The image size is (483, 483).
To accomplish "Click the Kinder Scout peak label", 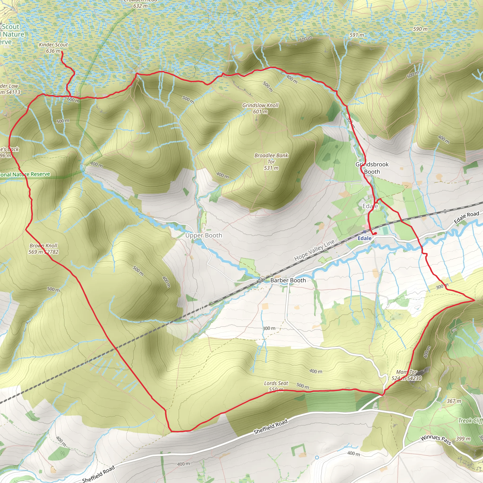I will pos(53,45).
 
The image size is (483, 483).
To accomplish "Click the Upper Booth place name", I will pos(204,236).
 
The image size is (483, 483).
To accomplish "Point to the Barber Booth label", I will pos(288,280).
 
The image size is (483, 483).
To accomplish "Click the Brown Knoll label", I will pos(43,246).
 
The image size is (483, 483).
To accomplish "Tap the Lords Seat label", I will pos(276,383).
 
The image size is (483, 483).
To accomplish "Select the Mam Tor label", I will pos(407,372).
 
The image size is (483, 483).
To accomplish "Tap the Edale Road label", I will pos(466,217).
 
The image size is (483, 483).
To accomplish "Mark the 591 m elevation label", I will pos(357,35).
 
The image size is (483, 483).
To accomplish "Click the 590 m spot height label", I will pos(420,29).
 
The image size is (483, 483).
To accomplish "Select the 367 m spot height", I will pos(454,401).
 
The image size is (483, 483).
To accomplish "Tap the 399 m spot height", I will pos(463,439).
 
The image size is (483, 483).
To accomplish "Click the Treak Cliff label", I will pos(470,421).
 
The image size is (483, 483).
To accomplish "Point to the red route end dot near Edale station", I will pos(375,233).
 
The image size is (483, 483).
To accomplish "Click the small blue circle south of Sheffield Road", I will pos(317,458).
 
